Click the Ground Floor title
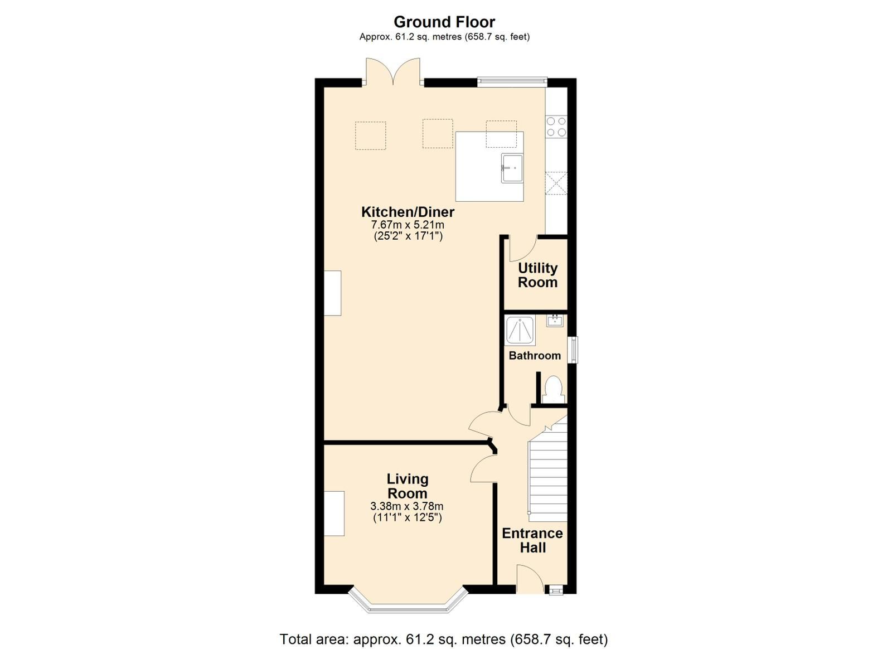point(444,22)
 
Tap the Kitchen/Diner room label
point(408,212)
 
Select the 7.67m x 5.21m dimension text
point(408,225)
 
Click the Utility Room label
point(537,275)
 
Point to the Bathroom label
point(535,356)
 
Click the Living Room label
point(408,486)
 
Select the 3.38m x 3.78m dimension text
point(407,506)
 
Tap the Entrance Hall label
point(532,540)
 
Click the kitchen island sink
point(512,168)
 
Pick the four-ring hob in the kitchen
point(556,127)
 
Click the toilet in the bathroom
point(553,389)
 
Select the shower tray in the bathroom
point(520,330)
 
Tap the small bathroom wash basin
point(555,321)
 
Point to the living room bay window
point(408,606)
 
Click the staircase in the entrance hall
point(548,474)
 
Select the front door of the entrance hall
point(530,580)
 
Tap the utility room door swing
point(522,248)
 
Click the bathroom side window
point(573,350)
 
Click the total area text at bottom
point(443,639)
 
